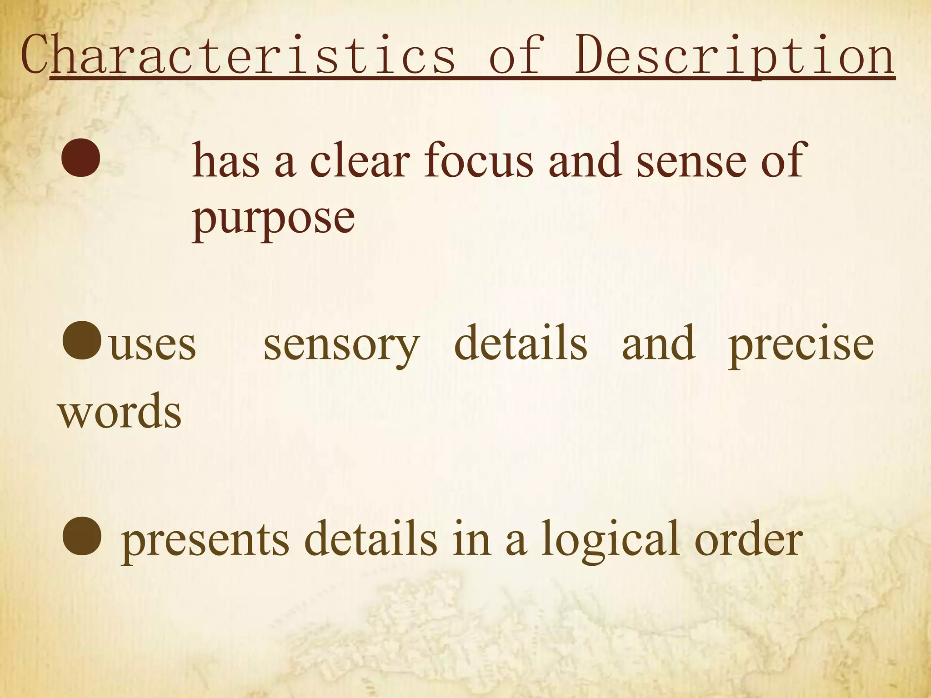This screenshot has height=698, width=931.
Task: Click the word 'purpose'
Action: coord(273,218)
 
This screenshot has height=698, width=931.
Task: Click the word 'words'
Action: coord(120,411)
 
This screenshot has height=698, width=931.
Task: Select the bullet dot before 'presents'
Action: coord(82,537)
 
